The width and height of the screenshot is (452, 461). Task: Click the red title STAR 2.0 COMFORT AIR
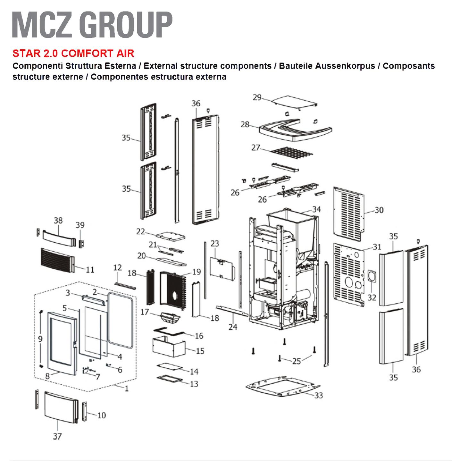(x=73, y=53)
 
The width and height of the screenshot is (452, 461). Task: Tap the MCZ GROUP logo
(x=92, y=25)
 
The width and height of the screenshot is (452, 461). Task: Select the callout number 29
(x=257, y=97)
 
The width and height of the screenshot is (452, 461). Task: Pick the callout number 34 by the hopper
(x=316, y=209)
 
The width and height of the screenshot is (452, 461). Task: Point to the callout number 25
(x=297, y=361)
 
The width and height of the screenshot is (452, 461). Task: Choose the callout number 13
(x=194, y=384)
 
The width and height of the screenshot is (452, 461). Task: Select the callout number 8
(x=47, y=376)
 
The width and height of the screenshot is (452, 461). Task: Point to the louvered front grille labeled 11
(x=58, y=261)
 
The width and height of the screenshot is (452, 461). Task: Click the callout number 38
(x=58, y=221)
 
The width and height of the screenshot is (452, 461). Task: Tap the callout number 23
(x=215, y=244)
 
